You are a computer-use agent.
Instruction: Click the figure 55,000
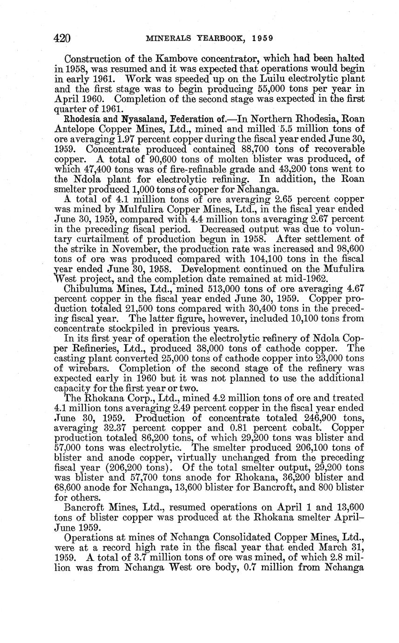click(263, 90)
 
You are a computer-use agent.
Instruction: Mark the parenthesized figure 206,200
click(131, 468)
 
